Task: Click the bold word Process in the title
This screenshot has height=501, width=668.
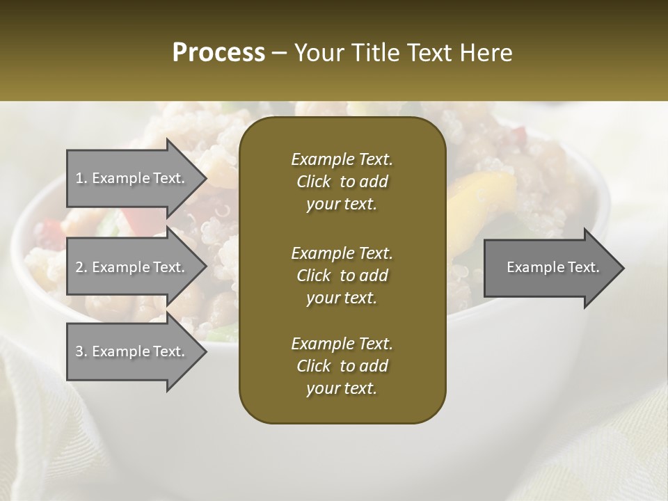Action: tap(218, 53)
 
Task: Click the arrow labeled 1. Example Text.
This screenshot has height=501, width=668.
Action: tap(132, 178)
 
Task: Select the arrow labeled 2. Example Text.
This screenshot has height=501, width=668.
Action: tap(132, 267)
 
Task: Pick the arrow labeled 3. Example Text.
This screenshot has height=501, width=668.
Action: tap(132, 351)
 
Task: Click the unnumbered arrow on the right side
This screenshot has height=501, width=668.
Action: tap(550, 268)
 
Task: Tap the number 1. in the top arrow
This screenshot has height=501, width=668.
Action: tap(81, 178)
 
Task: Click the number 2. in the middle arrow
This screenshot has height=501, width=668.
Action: tap(81, 267)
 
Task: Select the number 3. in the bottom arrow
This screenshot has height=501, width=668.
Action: tap(81, 351)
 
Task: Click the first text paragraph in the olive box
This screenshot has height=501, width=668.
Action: tap(342, 182)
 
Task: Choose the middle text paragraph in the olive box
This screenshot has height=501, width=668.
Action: tap(342, 276)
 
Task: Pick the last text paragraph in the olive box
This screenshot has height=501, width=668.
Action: tap(342, 366)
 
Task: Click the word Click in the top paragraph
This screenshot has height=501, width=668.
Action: tap(314, 182)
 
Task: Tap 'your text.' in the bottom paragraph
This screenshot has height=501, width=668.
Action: tap(342, 388)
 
